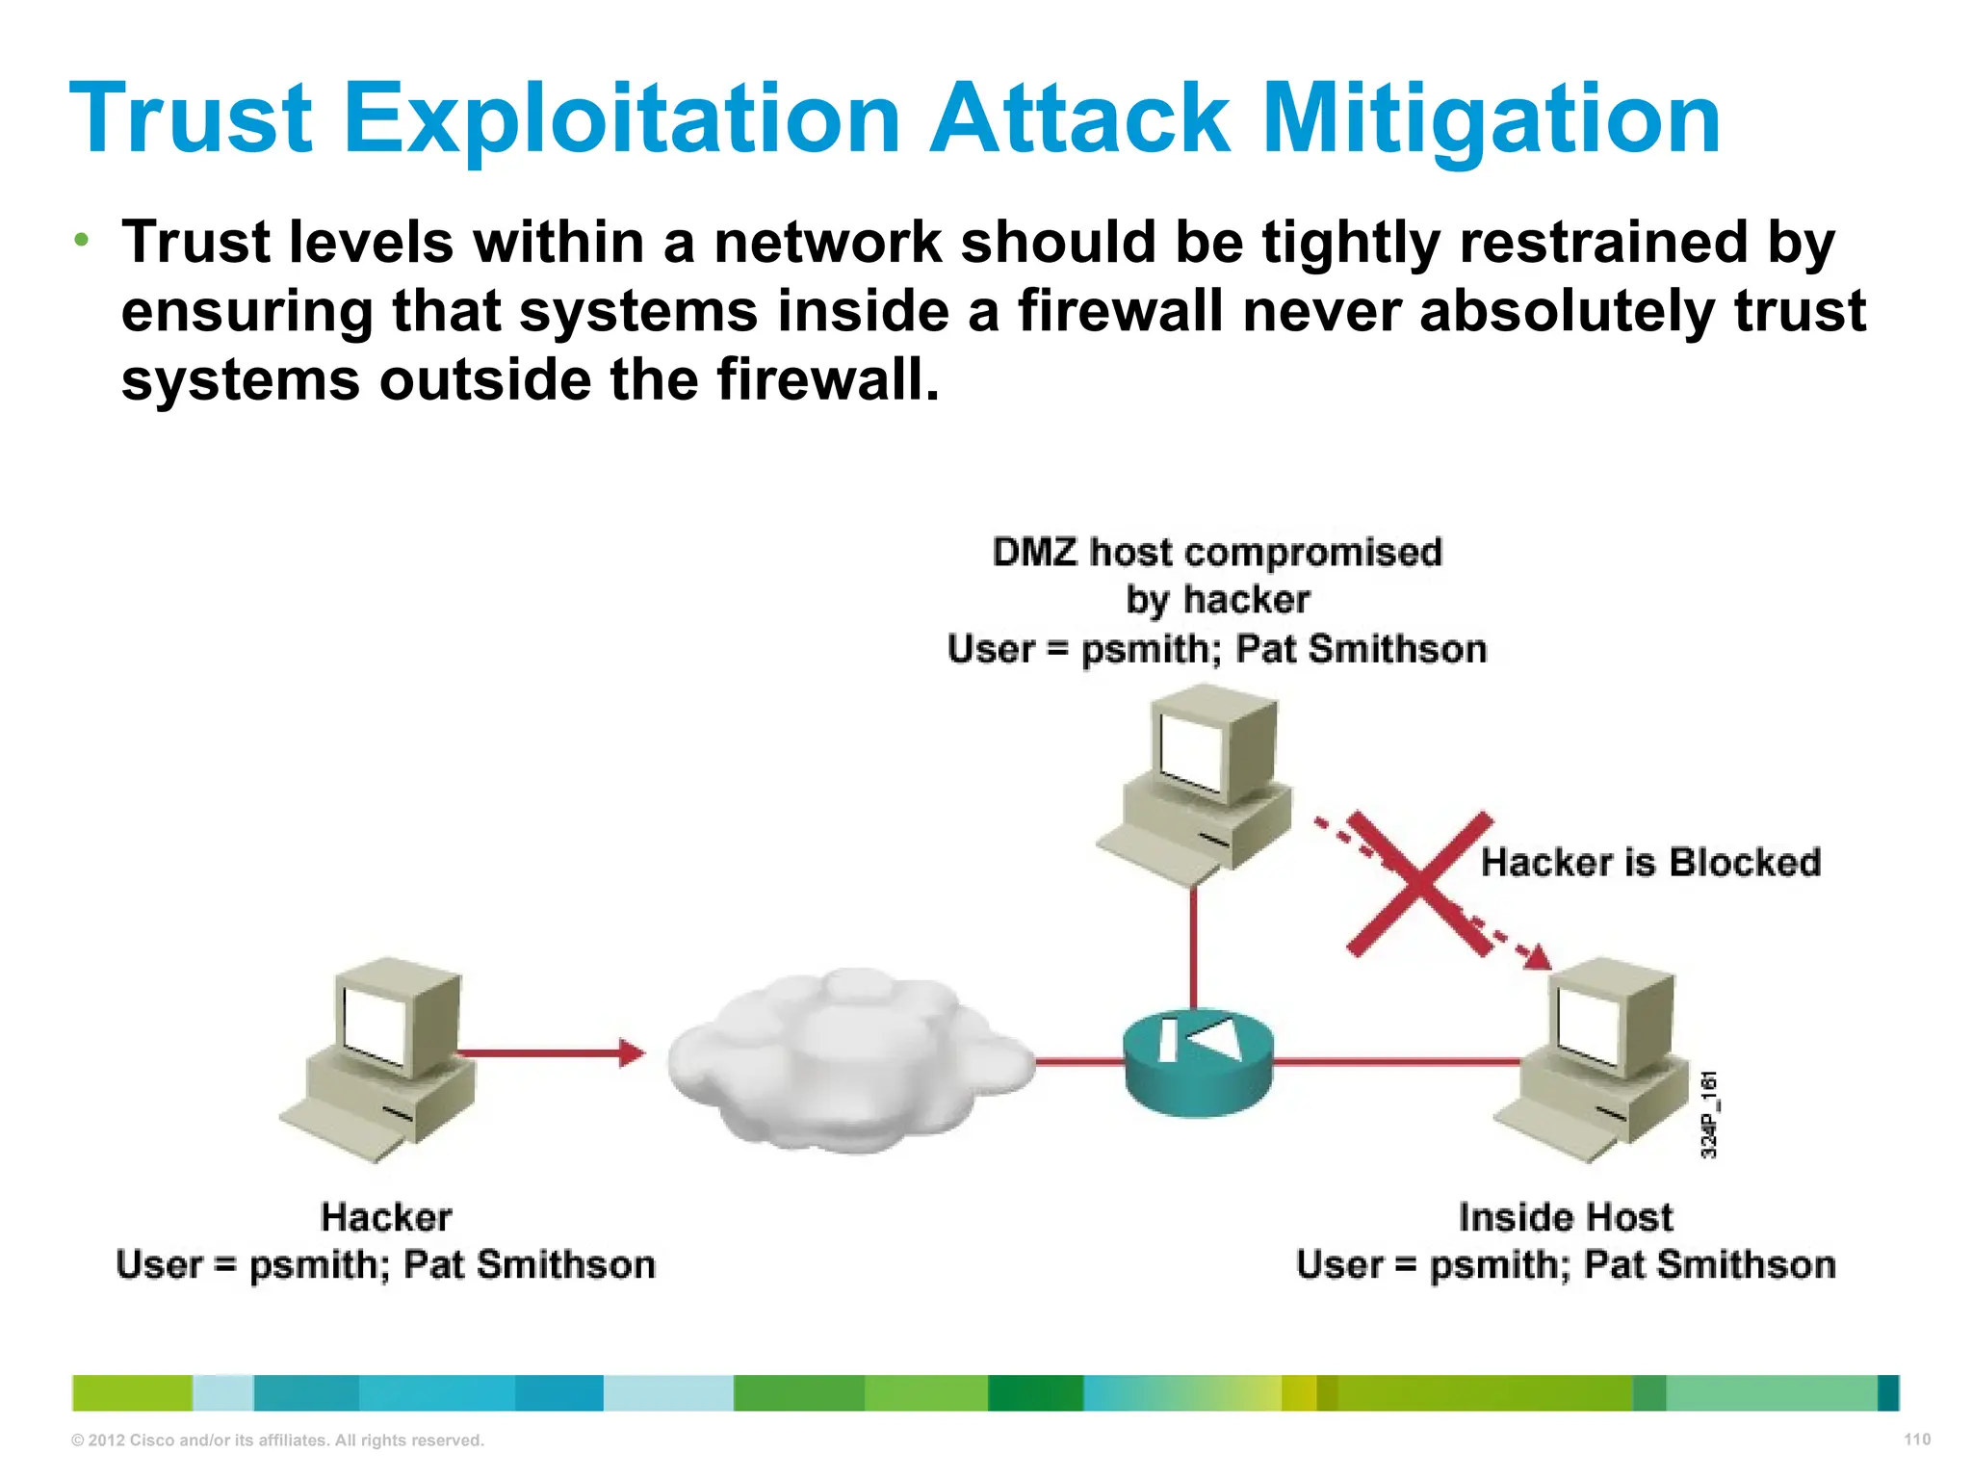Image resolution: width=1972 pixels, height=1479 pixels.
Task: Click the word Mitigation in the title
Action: (x=1491, y=119)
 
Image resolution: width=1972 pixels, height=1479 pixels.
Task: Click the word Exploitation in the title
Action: (x=622, y=119)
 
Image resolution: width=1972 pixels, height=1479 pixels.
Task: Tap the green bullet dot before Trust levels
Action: (x=83, y=239)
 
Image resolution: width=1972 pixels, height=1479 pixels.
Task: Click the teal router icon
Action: (x=1198, y=1063)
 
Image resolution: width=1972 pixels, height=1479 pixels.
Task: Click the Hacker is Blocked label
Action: (x=1650, y=862)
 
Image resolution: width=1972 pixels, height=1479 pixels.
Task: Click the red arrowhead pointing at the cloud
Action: (x=632, y=1052)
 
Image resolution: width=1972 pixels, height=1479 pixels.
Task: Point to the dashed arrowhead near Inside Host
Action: (x=1538, y=957)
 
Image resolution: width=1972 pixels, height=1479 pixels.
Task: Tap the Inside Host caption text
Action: (x=1566, y=1217)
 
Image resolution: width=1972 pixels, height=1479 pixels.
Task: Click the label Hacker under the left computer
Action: (x=386, y=1217)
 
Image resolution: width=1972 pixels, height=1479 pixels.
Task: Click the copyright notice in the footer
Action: (x=277, y=1440)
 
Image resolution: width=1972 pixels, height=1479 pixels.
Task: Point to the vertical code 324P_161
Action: (x=1709, y=1114)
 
